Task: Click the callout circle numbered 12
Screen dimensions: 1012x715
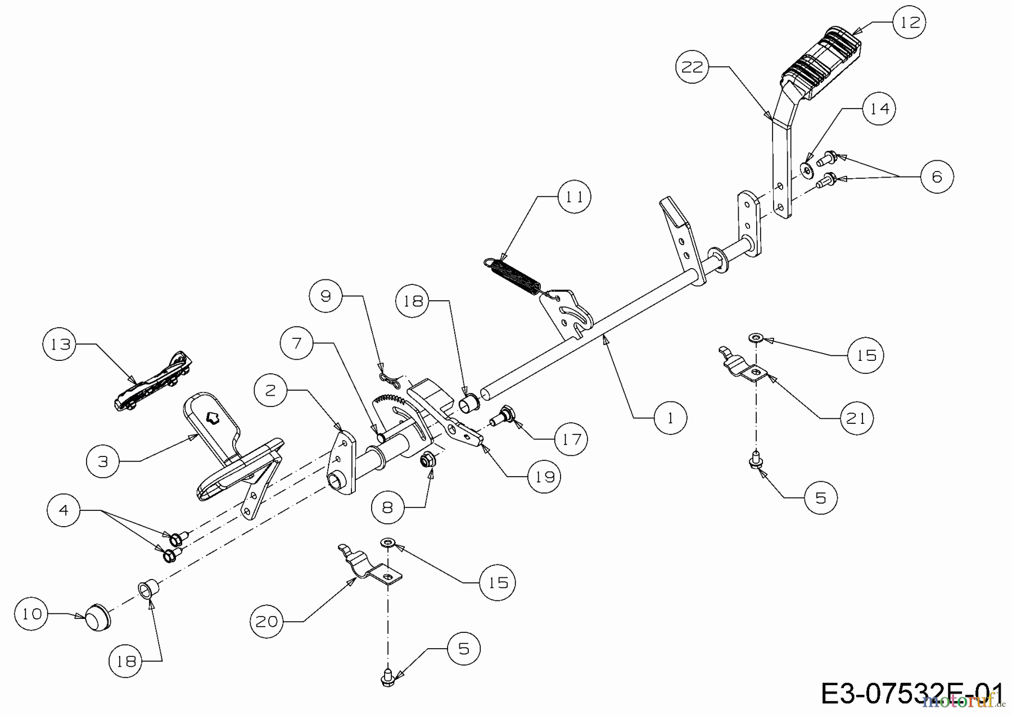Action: (x=909, y=22)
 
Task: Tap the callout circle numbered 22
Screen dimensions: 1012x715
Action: (x=692, y=67)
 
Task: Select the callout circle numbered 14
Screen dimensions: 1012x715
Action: (x=879, y=108)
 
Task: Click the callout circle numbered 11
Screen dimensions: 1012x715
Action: (x=574, y=196)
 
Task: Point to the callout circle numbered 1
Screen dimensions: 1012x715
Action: (x=670, y=418)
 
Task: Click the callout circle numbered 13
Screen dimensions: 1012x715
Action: (x=60, y=344)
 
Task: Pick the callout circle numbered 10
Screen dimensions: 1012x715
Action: (x=32, y=614)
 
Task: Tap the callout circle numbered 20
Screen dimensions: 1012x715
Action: (x=267, y=621)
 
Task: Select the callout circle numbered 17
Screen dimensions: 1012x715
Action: (x=571, y=438)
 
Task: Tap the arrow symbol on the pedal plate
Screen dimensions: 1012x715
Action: (x=213, y=417)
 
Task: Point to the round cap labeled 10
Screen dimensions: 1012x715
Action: (x=98, y=618)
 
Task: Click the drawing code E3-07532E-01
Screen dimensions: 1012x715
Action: (x=911, y=694)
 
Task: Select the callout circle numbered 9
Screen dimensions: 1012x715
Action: (x=326, y=296)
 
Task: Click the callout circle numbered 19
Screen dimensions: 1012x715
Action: (x=545, y=477)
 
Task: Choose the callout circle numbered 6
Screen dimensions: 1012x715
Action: (x=937, y=177)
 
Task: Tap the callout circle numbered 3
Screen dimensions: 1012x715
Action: (x=103, y=461)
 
